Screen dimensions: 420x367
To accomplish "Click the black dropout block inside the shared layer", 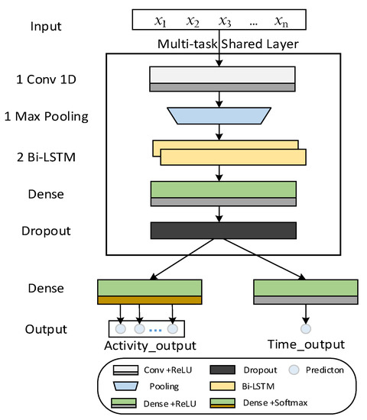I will click(x=222, y=230).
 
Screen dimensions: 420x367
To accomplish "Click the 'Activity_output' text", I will click(x=150, y=346).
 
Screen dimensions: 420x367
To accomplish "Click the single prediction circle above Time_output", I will click(x=305, y=329).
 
